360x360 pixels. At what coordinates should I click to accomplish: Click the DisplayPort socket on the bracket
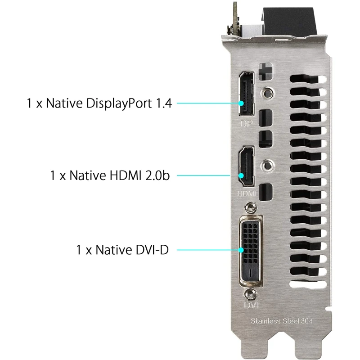[247, 94]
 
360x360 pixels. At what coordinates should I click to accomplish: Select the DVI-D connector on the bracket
[251, 251]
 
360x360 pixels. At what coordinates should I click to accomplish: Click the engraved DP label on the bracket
[247, 124]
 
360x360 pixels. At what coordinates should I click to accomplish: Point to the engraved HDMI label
[247, 193]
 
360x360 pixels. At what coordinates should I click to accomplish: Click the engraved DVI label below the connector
[251, 305]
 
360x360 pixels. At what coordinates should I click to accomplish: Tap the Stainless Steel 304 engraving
[282, 321]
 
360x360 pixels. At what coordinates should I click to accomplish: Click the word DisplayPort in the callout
[119, 104]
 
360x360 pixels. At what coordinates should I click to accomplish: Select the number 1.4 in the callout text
[164, 103]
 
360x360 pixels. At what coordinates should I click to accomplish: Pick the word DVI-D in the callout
[152, 250]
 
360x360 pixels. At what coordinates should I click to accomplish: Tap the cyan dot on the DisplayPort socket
[241, 103]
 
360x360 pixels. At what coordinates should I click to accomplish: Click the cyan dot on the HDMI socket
[241, 175]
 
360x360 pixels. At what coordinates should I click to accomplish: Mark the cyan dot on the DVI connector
[241, 250]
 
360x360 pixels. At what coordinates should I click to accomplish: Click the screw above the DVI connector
[250, 207]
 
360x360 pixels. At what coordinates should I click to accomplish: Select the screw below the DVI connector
[250, 294]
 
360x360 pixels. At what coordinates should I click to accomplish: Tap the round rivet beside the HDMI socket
[267, 165]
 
